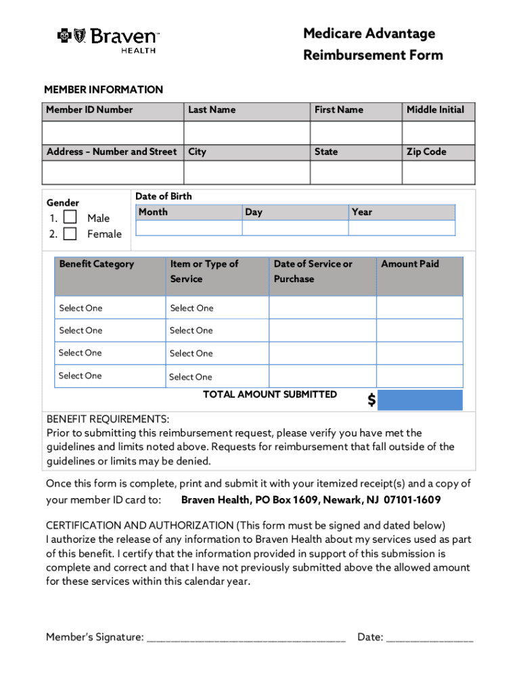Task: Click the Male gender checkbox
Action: pyautogui.click(x=70, y=218)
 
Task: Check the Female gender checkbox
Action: pyautogui.click(x=70, y=234)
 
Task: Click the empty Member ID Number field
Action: pyautogui.click(x=112, y=132)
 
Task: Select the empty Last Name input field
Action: pyautogui.click(x=246, y=132)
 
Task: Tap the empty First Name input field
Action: pyautogui.click(x=356, y=132)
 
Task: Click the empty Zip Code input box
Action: pyautogui.click(x=438, y=173)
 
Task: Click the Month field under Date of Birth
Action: pyautogui.click(x=188, y=228)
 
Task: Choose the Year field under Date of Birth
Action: pyautogui.click(x=402, y=228)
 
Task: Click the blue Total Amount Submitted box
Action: pyautogui.click(x=420, y=400)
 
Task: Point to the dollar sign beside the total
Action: pyautogui.click(x=371, y=401)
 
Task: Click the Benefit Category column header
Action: pyautogui.click(x=97, y=264)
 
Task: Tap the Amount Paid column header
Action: pyautogui.click(x=410, y=264)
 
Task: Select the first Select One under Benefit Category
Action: pyautogui.click(x=81, y=308)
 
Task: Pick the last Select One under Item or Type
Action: pyautogui.click(x=190, y=377)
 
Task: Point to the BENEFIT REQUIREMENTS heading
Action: pyautogui.click(x=108, y=419)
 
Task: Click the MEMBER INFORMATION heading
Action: pyautogui.click(x=104, y=89)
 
